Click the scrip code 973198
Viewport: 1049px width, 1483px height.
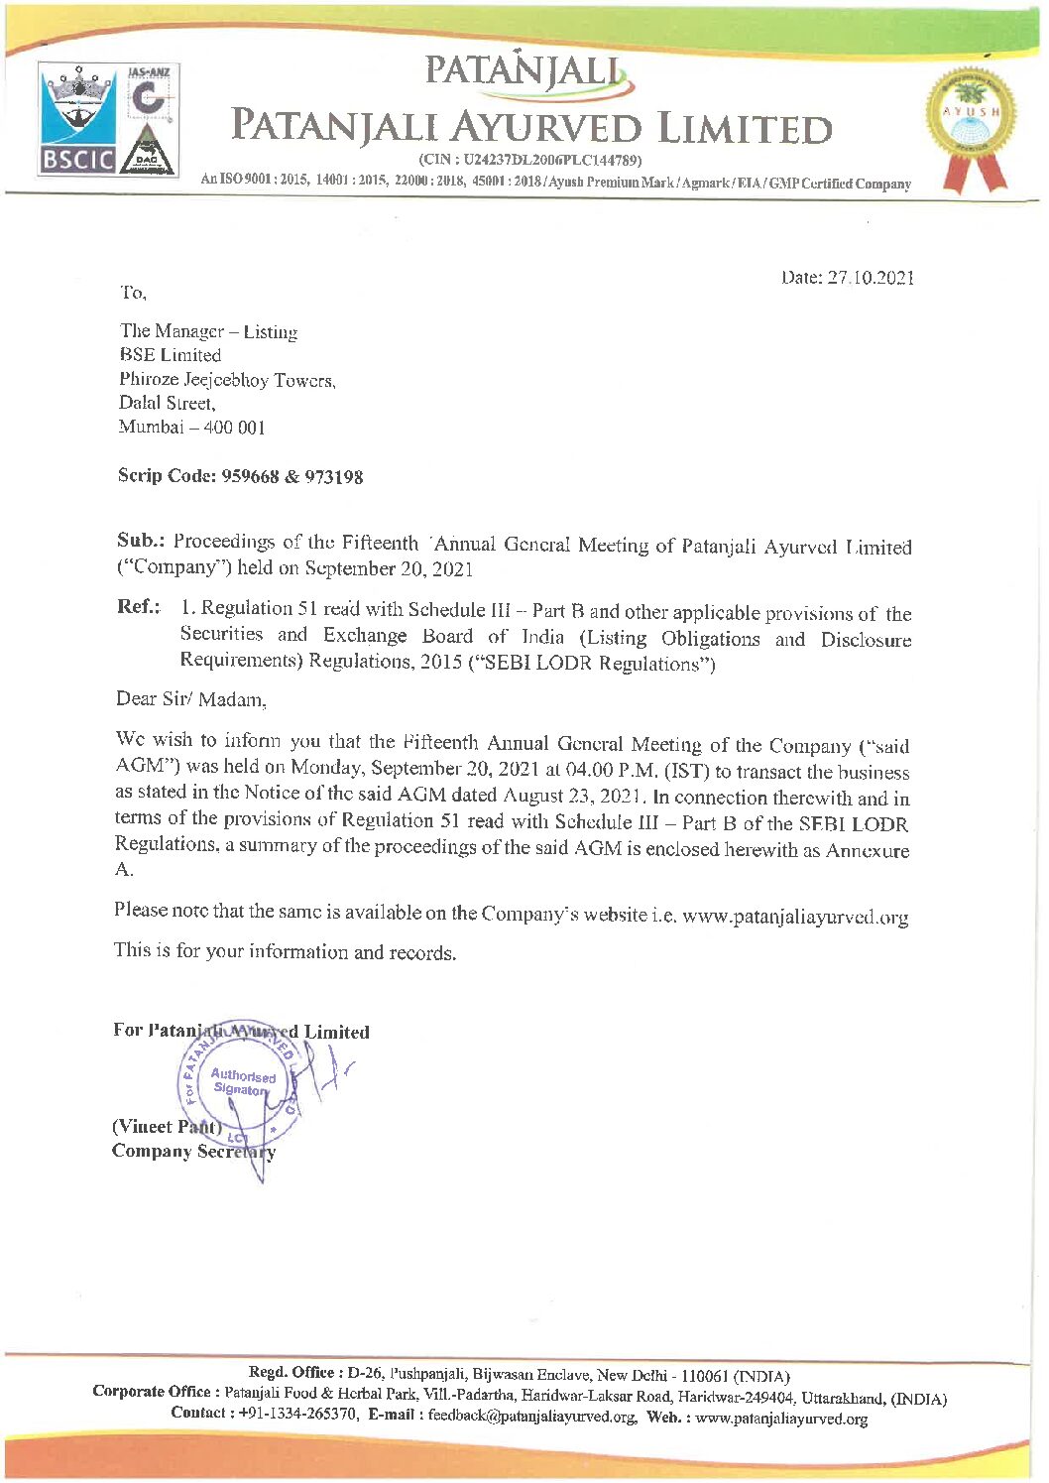click(333, 477)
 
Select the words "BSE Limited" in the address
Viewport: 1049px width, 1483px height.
click(170, 355)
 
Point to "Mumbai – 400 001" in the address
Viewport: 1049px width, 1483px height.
click(192, 428)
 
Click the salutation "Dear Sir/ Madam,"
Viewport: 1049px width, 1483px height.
click(191, 699)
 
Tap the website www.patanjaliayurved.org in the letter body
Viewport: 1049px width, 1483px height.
click(795, 917)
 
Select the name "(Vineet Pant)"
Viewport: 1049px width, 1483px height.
click(167, 1127)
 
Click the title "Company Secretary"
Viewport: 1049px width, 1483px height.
click(193, 1152)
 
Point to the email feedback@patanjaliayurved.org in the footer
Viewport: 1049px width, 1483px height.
click(532, 1416)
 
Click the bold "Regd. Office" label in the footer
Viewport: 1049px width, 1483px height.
click(291, 1373)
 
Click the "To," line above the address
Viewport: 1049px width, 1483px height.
click(133, 293)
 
